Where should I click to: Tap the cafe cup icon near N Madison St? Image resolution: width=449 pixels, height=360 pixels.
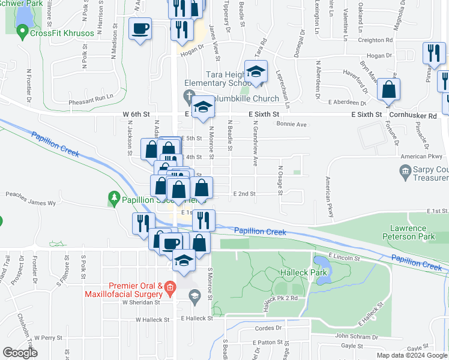click(x=140, y=29)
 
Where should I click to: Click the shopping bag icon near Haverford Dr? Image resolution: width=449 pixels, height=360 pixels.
click(x=389, y=90)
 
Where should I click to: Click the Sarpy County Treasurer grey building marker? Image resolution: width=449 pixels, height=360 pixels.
click(x=406, y=173)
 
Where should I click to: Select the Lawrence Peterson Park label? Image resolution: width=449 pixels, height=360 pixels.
click(x=412, y=232)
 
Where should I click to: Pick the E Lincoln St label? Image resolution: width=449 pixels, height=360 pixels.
click(x=340, y=258)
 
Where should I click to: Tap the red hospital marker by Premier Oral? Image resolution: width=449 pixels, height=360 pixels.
click(x=170, y=288)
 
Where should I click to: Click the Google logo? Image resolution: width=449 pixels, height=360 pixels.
click(x=20, y=353)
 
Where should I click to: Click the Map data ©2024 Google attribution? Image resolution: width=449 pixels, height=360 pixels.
click(x=411, y=355)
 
